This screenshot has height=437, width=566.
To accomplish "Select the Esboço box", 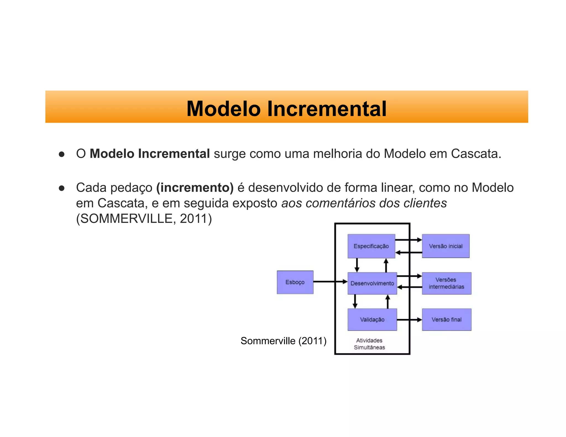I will click(x=295, y=282).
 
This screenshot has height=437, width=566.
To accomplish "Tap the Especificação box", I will click(x=371, y=246).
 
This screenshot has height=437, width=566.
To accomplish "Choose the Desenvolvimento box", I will click(x=372, y=283).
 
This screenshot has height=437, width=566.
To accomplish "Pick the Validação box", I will click(x=372, y=319).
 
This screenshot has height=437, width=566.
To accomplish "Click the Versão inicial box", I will click(x=446, y=246).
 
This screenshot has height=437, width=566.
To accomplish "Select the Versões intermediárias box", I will click(x=446, y=283).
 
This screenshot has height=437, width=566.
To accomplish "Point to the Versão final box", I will click(x=446, y=319).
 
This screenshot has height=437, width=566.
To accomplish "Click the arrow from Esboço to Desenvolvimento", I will click(x=330, y=281).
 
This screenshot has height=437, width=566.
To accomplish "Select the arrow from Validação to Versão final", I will click(x=409, y=320).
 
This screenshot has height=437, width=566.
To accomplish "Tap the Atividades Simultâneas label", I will click(x=369, y=344).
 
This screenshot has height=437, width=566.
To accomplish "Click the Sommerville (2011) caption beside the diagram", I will click(x=284, y=341).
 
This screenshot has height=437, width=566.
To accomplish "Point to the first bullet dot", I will click(x=61, y=154).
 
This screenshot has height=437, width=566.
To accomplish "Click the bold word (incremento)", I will click(x=195, y=188).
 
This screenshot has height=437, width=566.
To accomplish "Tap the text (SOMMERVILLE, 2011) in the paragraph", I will click(x=144, y=219).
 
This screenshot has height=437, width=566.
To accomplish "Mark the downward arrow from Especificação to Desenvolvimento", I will click(x=357, y=265).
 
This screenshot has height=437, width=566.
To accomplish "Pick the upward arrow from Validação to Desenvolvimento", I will click(x=387, y=301).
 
